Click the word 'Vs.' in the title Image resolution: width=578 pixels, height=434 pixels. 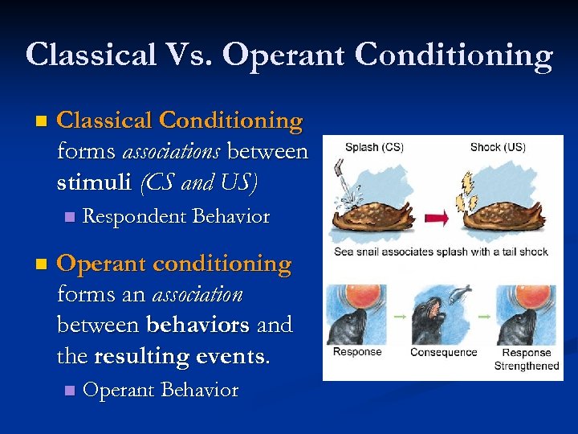186,55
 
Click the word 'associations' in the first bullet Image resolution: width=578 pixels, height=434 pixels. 171,152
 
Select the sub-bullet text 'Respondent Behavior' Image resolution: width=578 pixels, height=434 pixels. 176,217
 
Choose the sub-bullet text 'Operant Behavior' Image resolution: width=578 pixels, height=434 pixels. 161,391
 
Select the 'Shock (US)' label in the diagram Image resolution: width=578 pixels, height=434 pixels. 497,147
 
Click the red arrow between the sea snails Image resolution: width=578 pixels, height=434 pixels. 438,218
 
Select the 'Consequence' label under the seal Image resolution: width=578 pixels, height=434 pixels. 443,353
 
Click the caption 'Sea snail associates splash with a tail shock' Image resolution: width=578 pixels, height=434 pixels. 441,252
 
